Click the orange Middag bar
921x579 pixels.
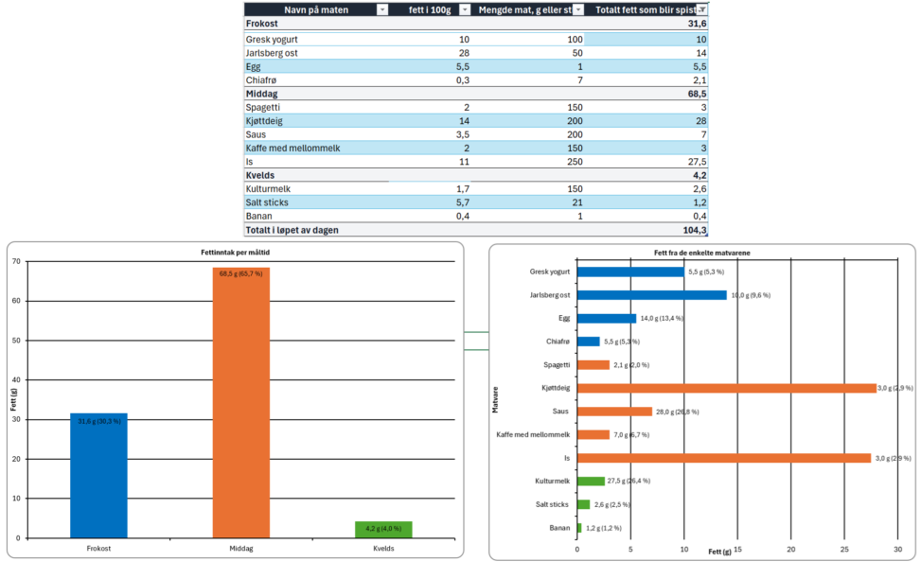point(240,402)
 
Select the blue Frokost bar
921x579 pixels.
point(98,476)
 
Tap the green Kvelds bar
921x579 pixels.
point(383,530)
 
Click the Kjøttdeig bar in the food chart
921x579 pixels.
point(727,388)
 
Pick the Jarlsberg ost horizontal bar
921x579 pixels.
point(652,295)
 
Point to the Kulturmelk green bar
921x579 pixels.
point(591,481)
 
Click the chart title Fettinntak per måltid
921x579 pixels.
point(236,253)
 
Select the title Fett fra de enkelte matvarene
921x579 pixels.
point(702,254)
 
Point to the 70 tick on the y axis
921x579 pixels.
point(16,261)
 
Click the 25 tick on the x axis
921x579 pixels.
point(844,550)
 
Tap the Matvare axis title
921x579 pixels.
point(495,399)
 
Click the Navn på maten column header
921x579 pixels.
point(316,10)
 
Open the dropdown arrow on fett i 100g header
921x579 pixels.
point(465,10)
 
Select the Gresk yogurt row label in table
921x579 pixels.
point(272,40)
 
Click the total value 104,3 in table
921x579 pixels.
point(695,230)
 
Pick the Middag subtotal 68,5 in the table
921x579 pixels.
point(698,94)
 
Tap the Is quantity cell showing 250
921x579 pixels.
point(576,162)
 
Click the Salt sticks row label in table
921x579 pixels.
point(267,202)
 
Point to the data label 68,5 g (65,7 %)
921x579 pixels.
point(240,273)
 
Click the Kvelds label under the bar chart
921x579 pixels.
point(383,549)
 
